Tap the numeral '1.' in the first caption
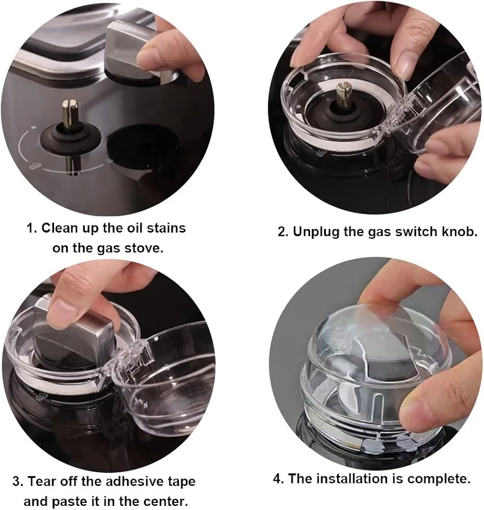pyautogui.click(x=32, y=227)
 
